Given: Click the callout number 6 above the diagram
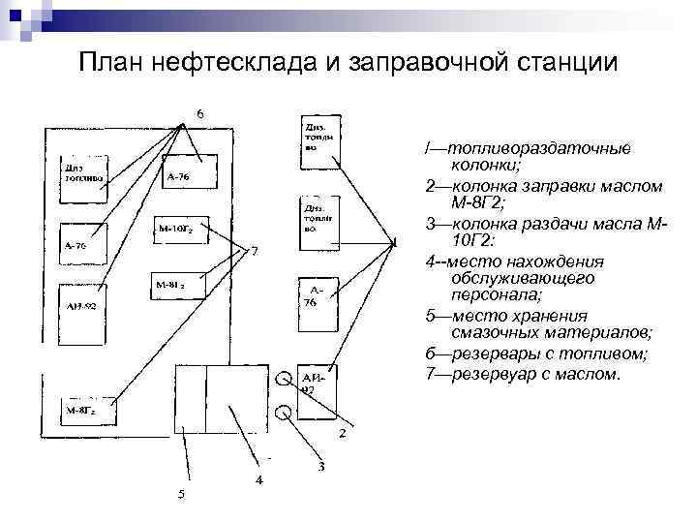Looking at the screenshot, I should coord(200,112).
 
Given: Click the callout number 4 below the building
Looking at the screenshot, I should coord(258,479).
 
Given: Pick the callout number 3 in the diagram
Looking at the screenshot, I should coord(320,468).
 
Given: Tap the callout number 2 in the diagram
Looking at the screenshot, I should coord(342,433).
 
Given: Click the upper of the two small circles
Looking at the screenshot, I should coord(284,379).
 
